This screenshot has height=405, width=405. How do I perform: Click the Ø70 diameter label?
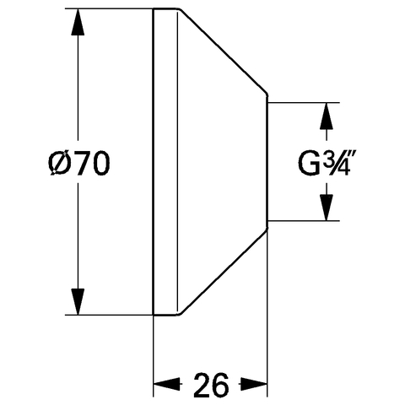(x=79, y=163)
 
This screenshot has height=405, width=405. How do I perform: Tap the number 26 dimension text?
(x=211, y=385)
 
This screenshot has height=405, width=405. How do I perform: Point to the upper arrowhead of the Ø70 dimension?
(x=78, y=22)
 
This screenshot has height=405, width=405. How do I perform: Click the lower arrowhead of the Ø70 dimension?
(x=78, y=301)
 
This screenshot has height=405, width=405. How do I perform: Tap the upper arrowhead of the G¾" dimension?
(x=327, y=116)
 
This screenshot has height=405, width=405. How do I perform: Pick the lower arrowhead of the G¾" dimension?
(x=327, y=208)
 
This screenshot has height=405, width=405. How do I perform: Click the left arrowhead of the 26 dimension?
(x=166, y=384)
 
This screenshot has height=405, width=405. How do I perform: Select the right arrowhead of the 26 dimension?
(x=253, y=384)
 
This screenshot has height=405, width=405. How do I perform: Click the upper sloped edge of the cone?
(x=223, y=51)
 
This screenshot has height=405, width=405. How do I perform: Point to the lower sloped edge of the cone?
(x=223, y=273)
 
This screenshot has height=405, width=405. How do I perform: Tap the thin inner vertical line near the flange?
(x=178, y=162)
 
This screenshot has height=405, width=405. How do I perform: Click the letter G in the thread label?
(x=309, y=164)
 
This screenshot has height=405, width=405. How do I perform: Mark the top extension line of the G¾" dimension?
(x=304, y=103)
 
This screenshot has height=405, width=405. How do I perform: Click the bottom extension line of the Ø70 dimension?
(x=109, y=315)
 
